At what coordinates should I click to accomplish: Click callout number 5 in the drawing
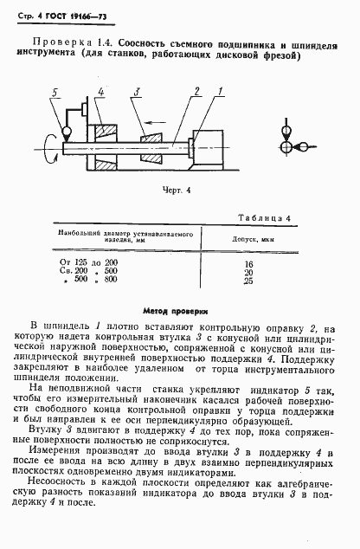click(55, 92)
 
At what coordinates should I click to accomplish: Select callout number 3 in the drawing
click(137, 92)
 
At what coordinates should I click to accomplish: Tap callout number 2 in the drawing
click(198, 90)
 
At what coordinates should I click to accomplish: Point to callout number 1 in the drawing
click(221, 90)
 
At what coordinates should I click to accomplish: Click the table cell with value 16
click(249, 262)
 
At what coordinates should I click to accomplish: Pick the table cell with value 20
click(249, 271)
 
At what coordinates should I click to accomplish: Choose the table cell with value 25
click(249, 280)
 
